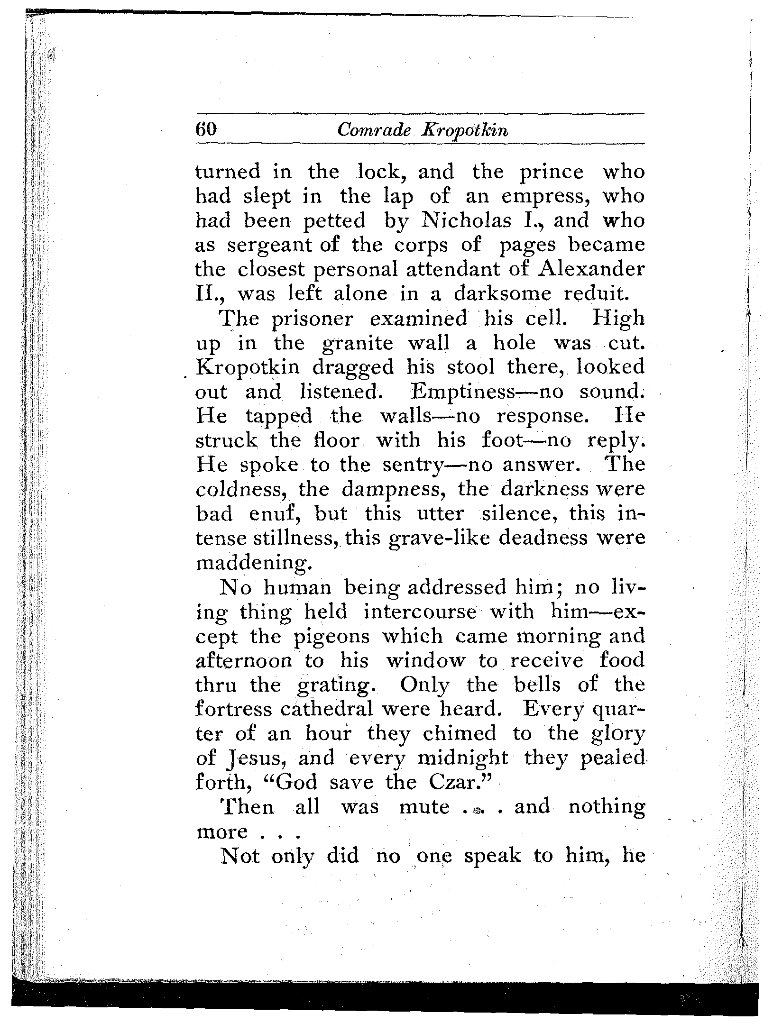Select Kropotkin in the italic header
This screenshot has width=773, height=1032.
465,130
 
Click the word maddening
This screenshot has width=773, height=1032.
254,563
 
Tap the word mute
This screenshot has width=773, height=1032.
424,807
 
